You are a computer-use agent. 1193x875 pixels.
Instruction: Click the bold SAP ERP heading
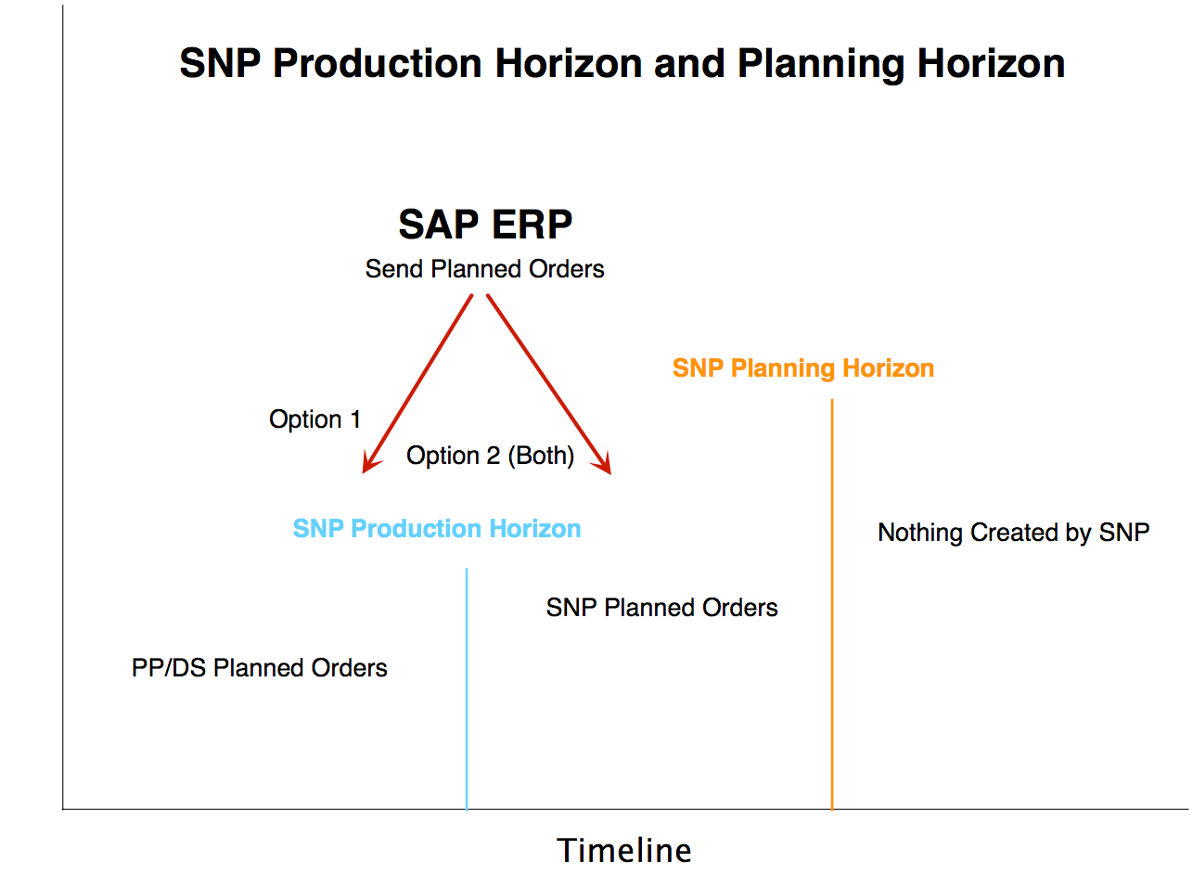485,225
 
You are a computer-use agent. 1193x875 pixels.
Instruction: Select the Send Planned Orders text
484,269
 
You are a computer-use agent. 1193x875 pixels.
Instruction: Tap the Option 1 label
315,419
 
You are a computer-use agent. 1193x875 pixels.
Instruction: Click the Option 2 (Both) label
491,456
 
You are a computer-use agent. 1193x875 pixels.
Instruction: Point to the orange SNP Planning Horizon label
803,368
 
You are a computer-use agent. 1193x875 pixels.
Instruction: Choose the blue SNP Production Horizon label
437,529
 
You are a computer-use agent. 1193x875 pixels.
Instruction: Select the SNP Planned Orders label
662,608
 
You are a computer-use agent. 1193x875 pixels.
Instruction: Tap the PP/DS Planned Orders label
260,668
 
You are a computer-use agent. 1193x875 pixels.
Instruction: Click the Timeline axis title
624,851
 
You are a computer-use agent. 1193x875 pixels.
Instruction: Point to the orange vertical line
832,605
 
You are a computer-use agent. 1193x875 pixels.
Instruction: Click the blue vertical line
467,689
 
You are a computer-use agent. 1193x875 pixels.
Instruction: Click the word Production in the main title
378,63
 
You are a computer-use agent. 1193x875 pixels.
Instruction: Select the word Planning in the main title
821,64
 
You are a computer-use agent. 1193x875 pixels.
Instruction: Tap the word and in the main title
689,63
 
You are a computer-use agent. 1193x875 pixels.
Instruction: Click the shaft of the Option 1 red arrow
417,384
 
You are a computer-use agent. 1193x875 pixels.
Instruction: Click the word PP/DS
169,668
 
